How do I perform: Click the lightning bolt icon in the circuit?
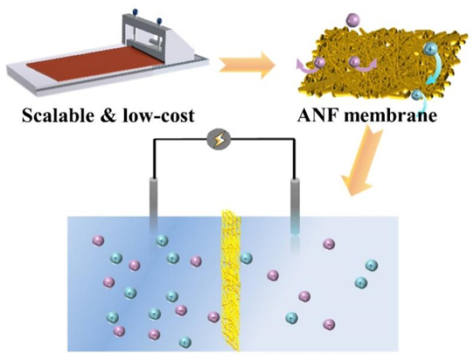click(x=219, y=140)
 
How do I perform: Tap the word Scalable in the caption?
click(x=59, y=116)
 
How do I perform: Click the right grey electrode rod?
click(x=295, y=206)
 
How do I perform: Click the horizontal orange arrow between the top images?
click(x=247, y=66)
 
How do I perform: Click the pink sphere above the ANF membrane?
click(x=352, y=20)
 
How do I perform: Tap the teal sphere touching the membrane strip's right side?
click(x=246, y=259)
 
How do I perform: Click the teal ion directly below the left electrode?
click(x=163, y=240)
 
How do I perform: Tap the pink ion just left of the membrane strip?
click(x=213, y=317)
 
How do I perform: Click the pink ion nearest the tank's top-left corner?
click(x=98, y=240)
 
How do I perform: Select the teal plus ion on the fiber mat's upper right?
click(x=430, y=49)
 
